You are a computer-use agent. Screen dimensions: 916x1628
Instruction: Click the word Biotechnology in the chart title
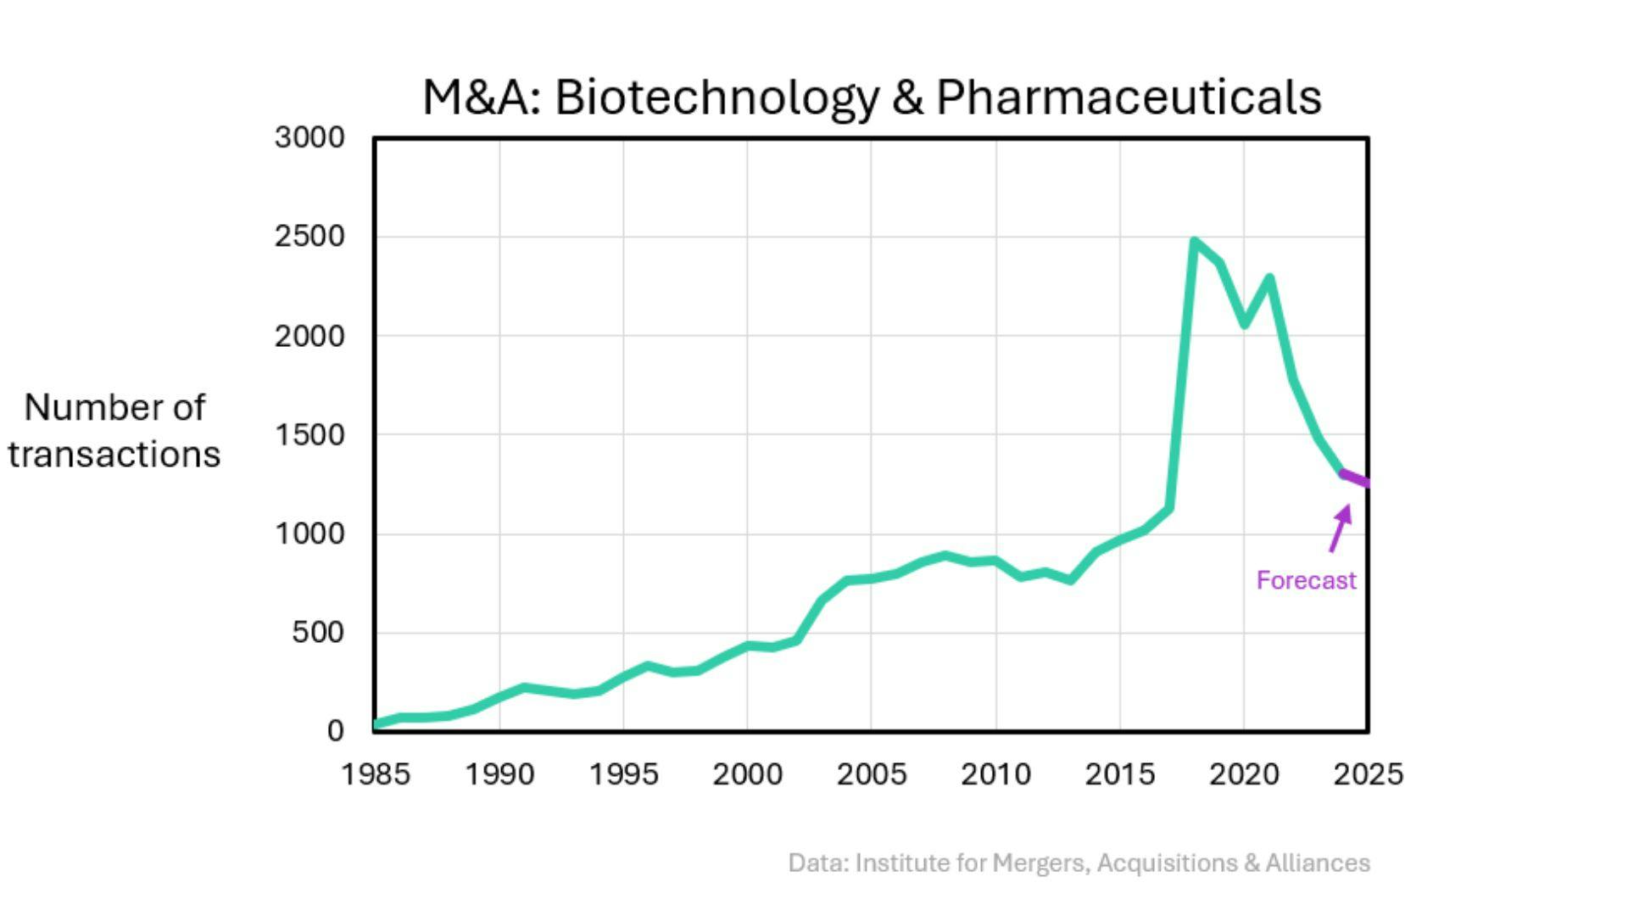click(x=717, y=97)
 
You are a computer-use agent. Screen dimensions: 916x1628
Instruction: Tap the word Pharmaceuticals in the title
click(x=1129, y=97)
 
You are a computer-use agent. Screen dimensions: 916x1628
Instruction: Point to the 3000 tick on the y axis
click(x=309, y=137)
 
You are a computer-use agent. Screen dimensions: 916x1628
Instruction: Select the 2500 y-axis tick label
click(x=309, y=237)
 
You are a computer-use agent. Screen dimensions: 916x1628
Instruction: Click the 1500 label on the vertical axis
click(x=309, y=435)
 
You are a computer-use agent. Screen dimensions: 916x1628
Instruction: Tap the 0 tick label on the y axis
click(x=335, y=730)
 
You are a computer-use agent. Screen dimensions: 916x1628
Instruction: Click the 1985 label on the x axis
click(x=376, y=774)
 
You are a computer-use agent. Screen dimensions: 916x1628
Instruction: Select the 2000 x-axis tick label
click(x=747, y=774)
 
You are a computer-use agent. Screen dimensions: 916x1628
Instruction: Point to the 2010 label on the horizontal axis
click(x=995, y=774)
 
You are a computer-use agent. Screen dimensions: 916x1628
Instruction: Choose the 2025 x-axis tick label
click(x=1368, y=774)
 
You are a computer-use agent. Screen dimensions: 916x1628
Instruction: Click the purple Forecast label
click(x=1306, y=581)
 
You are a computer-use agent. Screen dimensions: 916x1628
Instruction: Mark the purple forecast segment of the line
click(x=1355, y=478)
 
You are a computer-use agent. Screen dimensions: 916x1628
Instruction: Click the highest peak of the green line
click(x=1194, y=243)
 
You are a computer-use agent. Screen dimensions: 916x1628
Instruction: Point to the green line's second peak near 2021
click(x=1269, y=278)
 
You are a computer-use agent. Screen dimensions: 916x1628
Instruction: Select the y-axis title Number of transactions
click(x=114, y=431)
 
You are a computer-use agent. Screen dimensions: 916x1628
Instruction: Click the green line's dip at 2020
click(x=1244, y=324)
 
